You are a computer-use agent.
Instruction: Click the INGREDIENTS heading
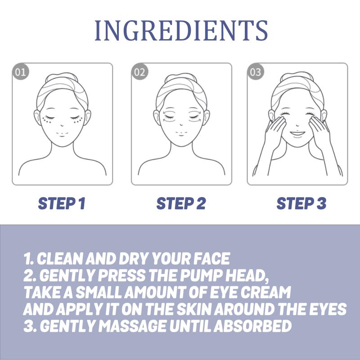pos(181,31)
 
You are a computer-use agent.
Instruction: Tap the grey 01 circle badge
pos(20,72)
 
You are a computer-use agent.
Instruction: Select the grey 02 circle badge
pos(139,72)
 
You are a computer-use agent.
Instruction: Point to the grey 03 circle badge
pos(255,72)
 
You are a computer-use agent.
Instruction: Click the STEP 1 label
pos(62,203)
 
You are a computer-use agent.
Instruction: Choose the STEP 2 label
pos(181,203)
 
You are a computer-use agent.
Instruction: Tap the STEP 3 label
pos(301,203)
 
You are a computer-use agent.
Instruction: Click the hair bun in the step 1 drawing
pos(62,77)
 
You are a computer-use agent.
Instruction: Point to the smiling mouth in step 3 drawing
pos(297,134)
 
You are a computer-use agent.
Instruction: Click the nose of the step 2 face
pos(181,125)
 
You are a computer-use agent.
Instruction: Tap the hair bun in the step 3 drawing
pos(297,76)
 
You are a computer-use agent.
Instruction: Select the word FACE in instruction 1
pos(211,259)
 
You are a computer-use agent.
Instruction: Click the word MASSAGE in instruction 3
pos(133,326)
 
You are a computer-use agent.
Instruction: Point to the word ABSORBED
pos(253,326)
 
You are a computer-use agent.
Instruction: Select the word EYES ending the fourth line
pos(328,309)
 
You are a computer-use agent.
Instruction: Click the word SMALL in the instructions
pos(99,292)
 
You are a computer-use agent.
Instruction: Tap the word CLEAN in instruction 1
pos(60,259)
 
